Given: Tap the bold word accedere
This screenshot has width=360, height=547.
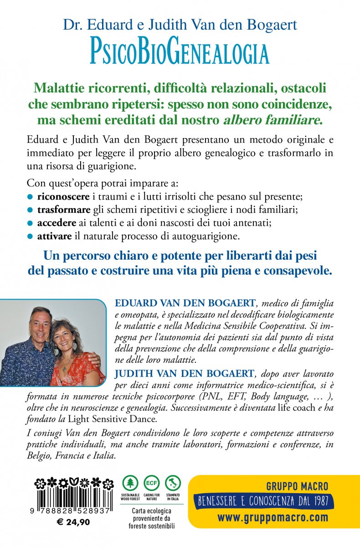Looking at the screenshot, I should pos(52,224).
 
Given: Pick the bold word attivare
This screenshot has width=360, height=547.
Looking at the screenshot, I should pos(51,237).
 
